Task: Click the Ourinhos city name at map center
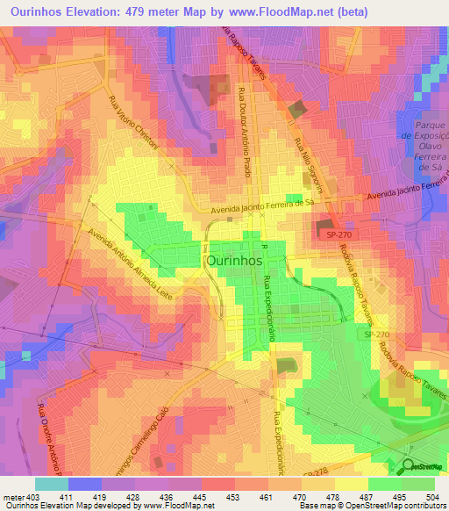(235, 261)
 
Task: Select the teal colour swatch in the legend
(52, 483)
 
